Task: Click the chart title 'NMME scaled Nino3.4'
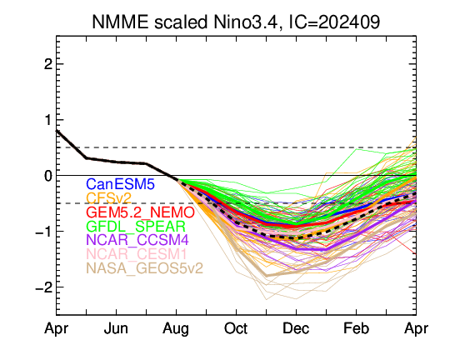click(x=185, y=22)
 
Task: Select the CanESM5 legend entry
click(x=121, y=184)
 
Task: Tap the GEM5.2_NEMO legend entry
click(x=140, y=212)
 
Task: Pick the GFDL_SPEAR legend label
click(x=136, y=227)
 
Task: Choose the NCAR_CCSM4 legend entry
click(x=137, y=240)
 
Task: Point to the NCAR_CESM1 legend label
click(x=137, y=254)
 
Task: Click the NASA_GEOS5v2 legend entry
click(x=145, y=268)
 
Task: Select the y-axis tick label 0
click(x=48, y=176)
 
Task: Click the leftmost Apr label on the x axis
click(x=57, y=329)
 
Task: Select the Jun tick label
click(x=116, y=328)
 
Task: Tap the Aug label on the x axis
click(x=176, y=329)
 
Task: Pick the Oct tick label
click(x=236, y=328)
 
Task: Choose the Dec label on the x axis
click(x=296, y=328)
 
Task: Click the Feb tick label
click(x=356, y=328)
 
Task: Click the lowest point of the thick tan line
click(x=267, y=276)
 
